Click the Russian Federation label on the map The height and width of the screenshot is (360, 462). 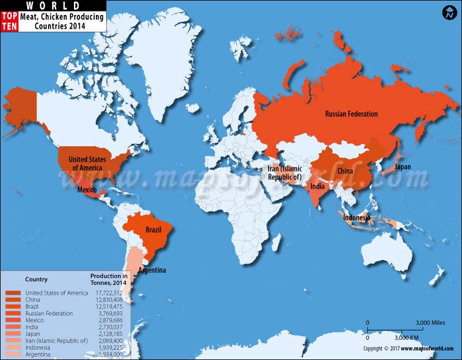[351, 114]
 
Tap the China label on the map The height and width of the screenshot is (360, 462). [345, 171]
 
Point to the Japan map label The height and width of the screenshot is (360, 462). [403, 167]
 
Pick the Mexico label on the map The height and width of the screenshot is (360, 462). [87, 190]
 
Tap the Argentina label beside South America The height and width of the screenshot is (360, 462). [152, 271]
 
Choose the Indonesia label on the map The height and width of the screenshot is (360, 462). [357, 218]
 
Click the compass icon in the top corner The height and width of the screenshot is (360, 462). [449, 12]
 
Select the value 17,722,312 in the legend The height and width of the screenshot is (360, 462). [109, 293]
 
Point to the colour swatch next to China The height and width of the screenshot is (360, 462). [13, 300]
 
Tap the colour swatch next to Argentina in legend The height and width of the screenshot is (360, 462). [13, 354]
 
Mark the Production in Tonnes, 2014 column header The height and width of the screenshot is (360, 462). [109, 279]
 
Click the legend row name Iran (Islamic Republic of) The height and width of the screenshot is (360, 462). [57, 341]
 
